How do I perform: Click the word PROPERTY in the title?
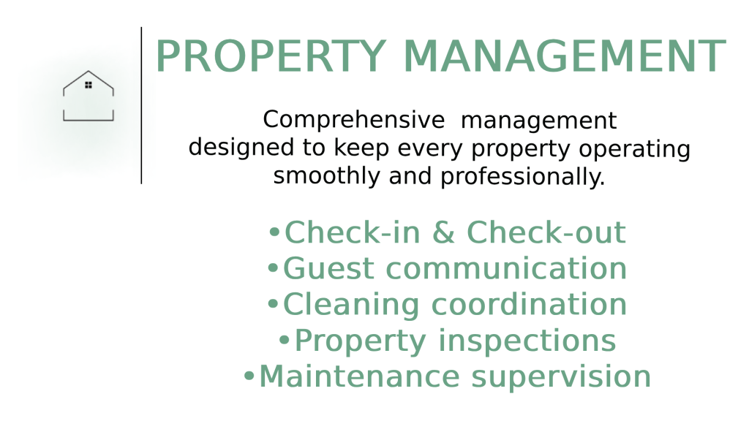(271, 56)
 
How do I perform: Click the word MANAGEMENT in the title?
(565, 56)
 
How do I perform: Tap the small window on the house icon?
(89, 85)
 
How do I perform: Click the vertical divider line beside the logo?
(141, 105)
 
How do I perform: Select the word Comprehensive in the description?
(353, 120)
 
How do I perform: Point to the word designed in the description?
(241, 147)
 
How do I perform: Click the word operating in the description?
(634, 149)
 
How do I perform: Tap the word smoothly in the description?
(327, 175)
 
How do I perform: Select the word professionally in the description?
(522, 177)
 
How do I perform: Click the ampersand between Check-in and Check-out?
(443, 232)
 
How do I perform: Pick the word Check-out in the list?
(546, 232)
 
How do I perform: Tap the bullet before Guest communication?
(273, 268)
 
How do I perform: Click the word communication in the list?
(506, 268)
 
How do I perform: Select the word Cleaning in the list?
(351, 305)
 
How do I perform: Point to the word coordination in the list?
(529, 305)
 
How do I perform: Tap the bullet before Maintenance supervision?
(249, 376)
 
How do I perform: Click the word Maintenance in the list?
(359, 376)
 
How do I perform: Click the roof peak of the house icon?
(89, 72)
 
